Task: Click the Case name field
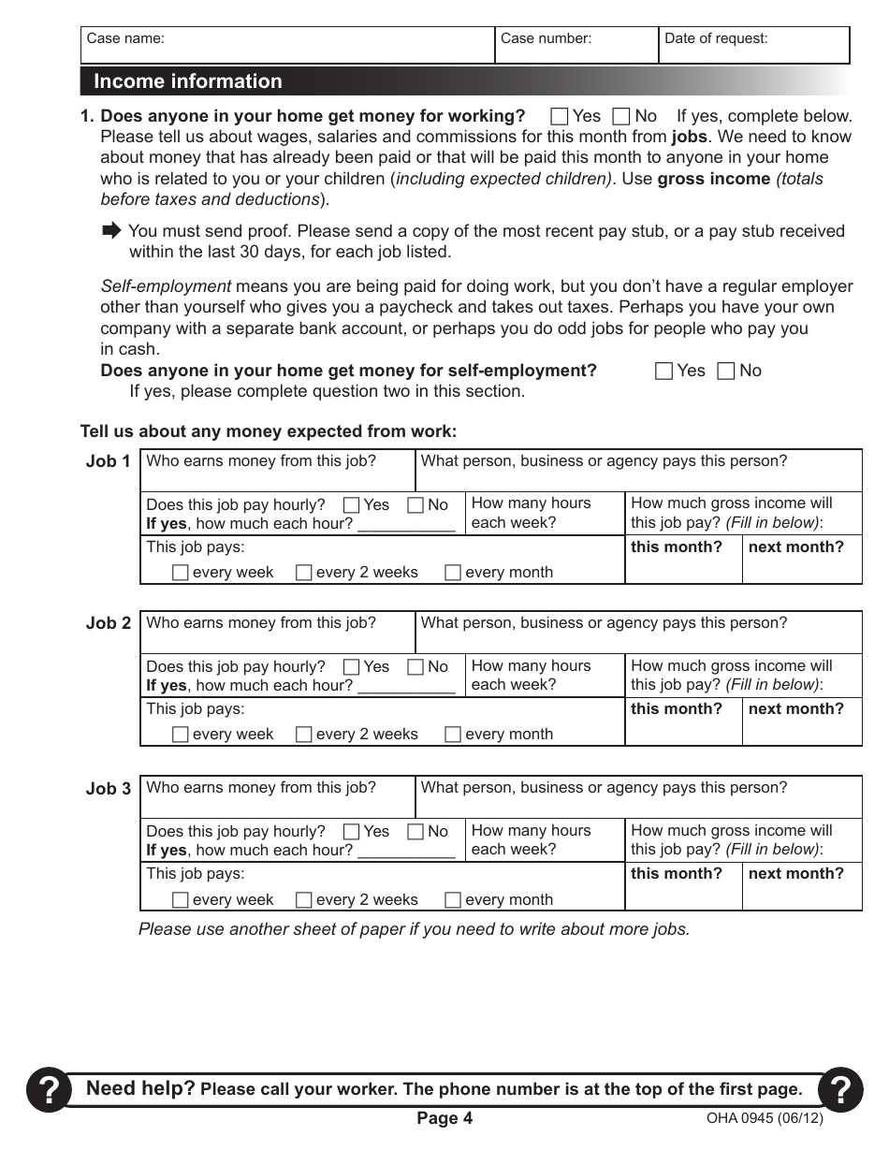[286, 45]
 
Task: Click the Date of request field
[753, 45]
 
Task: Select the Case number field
[576, 45]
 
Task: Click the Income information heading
[187, 81]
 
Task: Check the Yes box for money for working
[560, 117]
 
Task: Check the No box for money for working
[620, 117]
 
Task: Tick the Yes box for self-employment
[664, 372]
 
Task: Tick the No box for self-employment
[725, 372]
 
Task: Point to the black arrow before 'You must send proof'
[111, 230]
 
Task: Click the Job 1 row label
[108, 461]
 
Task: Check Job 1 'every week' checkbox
[181, 573]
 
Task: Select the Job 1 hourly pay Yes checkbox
[352, 505]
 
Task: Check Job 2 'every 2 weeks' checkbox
[304, 735]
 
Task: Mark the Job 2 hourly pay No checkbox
[415, 667]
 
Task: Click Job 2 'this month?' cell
[683, 721]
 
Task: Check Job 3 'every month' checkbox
[453, 900]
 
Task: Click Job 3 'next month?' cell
[802, 886]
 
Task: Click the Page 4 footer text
[444, 1119]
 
